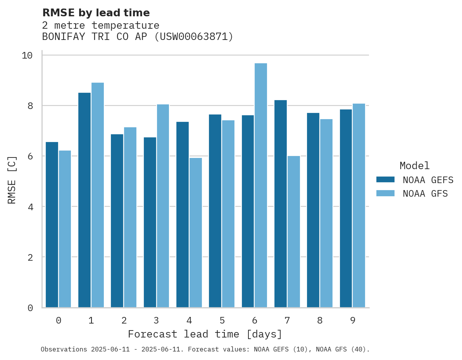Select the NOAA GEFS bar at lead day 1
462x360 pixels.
[x=84, y=200]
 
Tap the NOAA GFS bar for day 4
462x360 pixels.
[x=196, y=232]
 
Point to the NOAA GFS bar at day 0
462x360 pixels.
[x=65, y=229]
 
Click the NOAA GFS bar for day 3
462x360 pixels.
[x=163, y=206]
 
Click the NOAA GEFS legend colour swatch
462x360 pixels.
[x=385, y=180]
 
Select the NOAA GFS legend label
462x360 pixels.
[x=425, y=194]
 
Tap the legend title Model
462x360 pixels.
[x=415, y=166]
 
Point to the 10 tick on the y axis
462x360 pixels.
[x=27, y=55]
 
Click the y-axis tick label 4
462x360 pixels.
[x=30, y=207]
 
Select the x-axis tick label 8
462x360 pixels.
[x=320, y=321]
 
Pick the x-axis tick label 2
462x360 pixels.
[x=124, y=321]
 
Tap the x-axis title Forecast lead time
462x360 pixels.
[x=205, y=334]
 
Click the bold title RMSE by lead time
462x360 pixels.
[x=96, y=13]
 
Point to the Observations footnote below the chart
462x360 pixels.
[x=205, y=350]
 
